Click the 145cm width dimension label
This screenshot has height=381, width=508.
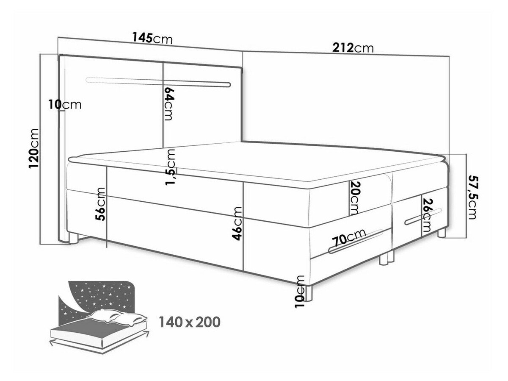click(152, 38)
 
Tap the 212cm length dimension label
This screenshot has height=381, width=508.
click(353, 48)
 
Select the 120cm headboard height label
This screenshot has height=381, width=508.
click(33, 149)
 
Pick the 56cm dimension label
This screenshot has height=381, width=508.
click(100, 204)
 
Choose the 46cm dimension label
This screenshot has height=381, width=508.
click(237, 223)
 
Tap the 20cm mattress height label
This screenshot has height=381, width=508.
click(354, 197)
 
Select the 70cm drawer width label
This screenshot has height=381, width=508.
click(349, 238)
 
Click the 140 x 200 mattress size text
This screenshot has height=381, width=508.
click(189, 322)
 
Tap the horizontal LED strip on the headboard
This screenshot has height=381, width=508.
click(158, 83)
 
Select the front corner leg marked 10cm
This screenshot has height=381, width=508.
click(308, 293)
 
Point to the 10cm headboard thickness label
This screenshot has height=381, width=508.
click(65, 105)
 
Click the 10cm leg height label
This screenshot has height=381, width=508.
click(300, 292)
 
